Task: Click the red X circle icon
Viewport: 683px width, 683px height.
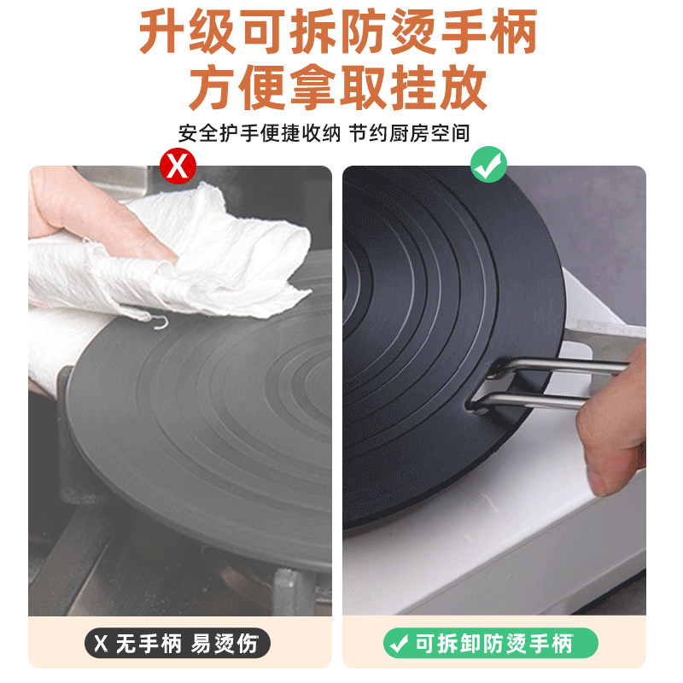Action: coord(178,166)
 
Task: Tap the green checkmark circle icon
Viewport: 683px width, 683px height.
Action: coord(488,164)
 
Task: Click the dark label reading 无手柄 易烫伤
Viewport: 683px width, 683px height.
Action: coord(178,644)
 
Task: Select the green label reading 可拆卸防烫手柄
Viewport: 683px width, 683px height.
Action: coord(491,644)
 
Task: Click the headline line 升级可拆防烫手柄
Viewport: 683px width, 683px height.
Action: coord(338,32)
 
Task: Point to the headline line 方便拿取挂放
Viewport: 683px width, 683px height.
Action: coord(338,87)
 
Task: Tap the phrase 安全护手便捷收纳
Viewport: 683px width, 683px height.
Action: coord(260,133)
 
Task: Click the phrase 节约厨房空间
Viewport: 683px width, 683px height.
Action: coord(410,133)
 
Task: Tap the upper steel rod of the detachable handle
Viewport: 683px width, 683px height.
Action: coord(562,365)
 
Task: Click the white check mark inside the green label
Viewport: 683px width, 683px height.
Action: coord(398,644)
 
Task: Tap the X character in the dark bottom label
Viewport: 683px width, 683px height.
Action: coord(101,644)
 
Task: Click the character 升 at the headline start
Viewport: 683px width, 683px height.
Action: coord(161,32)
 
